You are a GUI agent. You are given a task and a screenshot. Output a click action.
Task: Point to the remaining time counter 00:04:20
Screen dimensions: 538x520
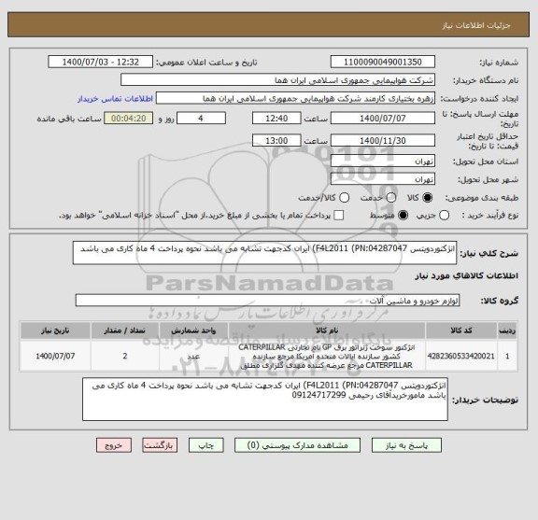click(128, 119)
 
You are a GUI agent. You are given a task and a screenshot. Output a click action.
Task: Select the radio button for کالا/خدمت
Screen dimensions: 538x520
click(346, 198)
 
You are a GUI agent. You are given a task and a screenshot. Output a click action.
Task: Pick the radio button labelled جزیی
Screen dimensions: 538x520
click(496, 216)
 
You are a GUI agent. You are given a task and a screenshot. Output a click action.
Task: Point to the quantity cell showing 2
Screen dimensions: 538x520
click(125, 356)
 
